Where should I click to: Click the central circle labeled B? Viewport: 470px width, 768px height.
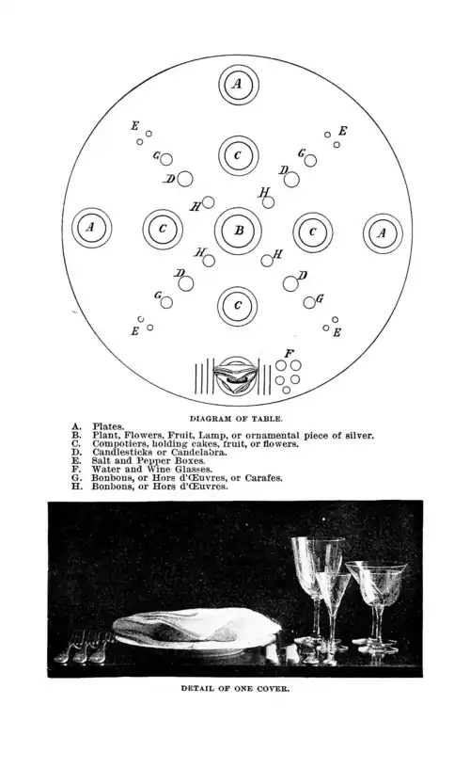(x=238, y=231)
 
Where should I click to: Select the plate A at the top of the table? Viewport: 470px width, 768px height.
(x=238, y=85)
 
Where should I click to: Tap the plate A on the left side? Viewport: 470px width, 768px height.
(x=91, y=228)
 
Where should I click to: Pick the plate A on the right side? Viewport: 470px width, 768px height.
(x=383, y=233)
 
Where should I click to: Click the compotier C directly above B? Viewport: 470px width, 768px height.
(x=238, y=155)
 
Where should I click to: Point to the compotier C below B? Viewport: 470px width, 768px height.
(x=238, y=306)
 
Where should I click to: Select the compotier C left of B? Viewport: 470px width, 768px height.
(x=163, y=230)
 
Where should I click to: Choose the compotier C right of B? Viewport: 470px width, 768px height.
(x=313, y=232)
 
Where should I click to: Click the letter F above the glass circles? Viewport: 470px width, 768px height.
(x=289, y=353)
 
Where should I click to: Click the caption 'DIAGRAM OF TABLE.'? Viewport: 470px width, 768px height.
(x=236, y=419)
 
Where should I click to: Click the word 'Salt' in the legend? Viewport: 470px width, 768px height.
(x=101, y=461)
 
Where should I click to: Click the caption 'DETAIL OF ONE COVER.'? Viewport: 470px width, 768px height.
(x=236, y=688)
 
